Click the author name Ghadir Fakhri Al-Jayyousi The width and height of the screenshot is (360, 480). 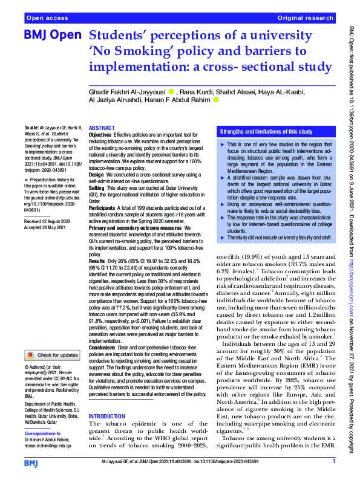coord(128,92)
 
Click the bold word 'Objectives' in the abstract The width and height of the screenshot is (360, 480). coord(100,135)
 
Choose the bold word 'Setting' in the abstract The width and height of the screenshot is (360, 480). coord(97,187)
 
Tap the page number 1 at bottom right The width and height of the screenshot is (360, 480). coord(333,461)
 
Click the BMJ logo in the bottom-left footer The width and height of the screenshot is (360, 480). coord(31,462)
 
